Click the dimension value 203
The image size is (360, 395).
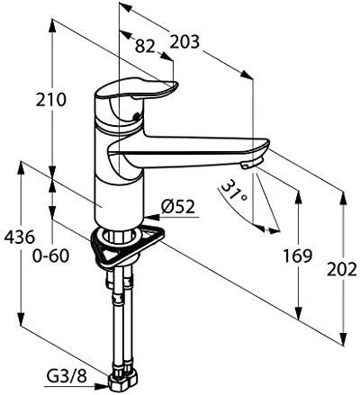[184, 42]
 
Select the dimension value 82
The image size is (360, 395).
[145, 47]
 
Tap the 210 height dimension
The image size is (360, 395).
[50, 100]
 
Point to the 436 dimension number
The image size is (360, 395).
[20, 238]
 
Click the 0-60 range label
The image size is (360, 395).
[50, 256]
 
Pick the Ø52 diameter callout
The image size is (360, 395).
[178, 207]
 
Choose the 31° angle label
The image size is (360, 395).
[234, 192]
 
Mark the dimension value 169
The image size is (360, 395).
[298, 256]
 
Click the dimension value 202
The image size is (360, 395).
[342, 270]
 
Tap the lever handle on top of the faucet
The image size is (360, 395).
[137, 89]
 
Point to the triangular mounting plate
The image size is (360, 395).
[128, 247]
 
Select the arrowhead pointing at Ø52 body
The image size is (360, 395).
[151, 217]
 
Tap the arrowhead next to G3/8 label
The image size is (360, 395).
[102, 387]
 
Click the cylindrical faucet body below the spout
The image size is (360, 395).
[120, 200]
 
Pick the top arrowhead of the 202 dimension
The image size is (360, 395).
[344, 198]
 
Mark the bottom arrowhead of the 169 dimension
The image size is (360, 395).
[298, 312]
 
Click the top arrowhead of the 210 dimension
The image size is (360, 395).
[52, 26]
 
